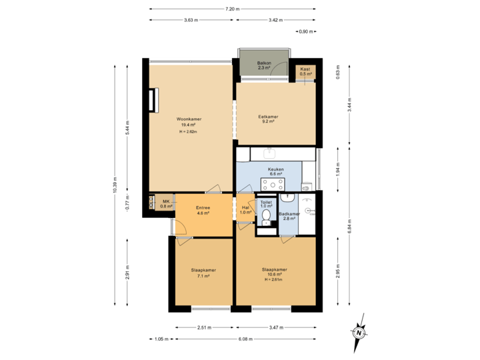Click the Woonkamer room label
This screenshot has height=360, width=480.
point(189,119)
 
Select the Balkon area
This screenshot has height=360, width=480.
point(264,65)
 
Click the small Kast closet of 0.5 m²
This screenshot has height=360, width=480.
point(305,71)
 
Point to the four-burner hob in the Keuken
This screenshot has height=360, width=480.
point(273,184)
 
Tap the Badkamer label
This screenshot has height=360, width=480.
point(289,214)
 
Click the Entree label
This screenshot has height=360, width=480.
point(203,208)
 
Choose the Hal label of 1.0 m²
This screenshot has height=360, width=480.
point(245,208)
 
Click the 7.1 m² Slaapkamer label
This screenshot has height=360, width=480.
point(203,270)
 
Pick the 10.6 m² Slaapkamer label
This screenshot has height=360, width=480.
point(275,270)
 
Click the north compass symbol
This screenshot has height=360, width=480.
point(359,332)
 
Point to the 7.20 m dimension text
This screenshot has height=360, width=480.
point(232,9)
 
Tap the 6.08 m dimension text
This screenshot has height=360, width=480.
point(245,339)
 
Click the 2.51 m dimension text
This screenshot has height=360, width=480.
point(204,327)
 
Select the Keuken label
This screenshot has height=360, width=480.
point(276,169)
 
